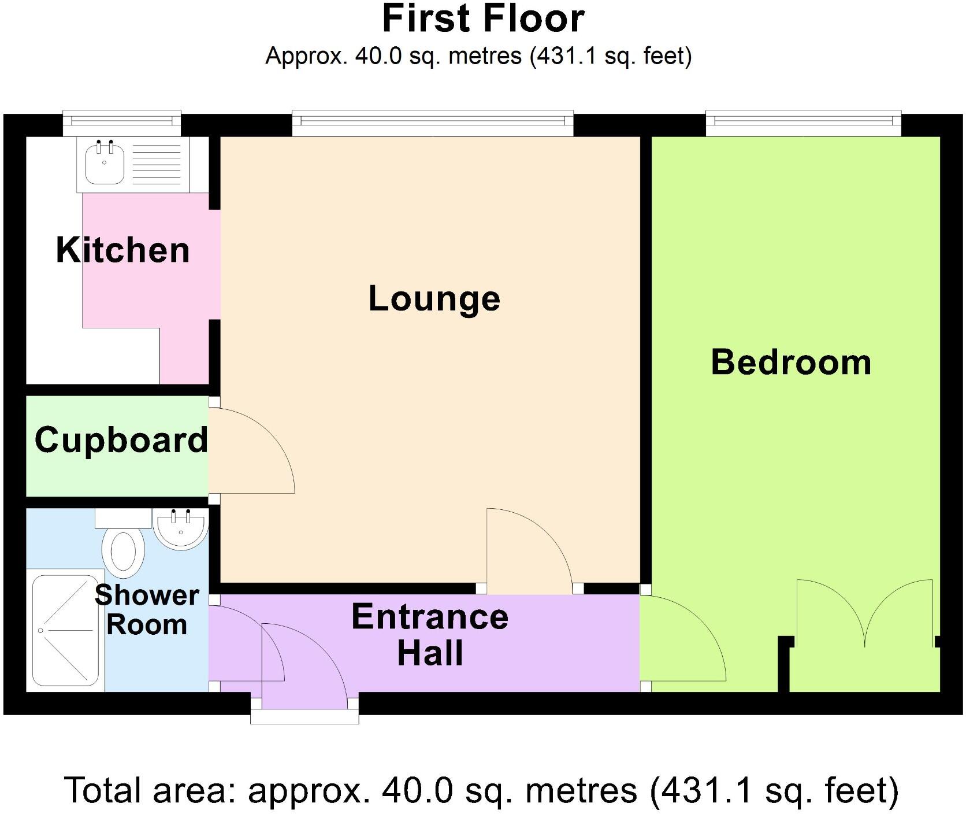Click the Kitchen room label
pyautogui.click(x=122, y=250)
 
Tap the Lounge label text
pyautogui.click(x=434, y=299)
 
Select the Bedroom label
pyautogui.click(x=790, y=362)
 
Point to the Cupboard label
pyautogui.click(x=121, y=440)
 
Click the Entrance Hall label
pyautogui.click(x=430, y=634)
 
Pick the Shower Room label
pyautogui.click(x=147, y=610)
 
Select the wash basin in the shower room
pyautogui.click(x=181, y=529)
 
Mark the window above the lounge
pyautogui.click(x=432, y=121)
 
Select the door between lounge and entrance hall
pyautogui.click(x=529, y=549)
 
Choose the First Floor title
pyautogui.click(x=483, y=19)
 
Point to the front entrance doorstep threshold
pyautogui.click(x=304, y=717)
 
